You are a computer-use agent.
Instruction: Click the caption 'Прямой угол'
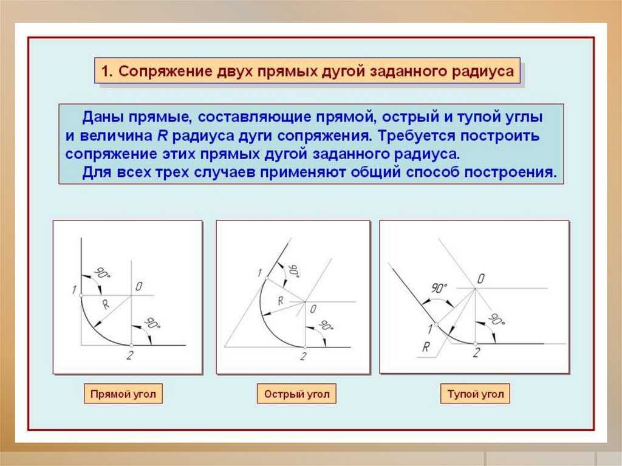123,394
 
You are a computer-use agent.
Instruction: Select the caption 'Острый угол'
296,394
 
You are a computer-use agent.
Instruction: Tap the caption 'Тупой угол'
475,394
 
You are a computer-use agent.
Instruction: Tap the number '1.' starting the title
107,72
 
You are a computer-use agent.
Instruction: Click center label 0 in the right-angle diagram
139,287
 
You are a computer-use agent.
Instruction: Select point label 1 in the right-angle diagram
73,290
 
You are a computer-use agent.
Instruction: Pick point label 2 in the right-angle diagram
130,355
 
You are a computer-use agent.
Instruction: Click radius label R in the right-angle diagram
106,304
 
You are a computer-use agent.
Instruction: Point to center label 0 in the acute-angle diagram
313,309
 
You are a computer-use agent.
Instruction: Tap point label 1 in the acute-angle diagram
260,273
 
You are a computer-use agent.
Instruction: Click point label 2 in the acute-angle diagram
304,357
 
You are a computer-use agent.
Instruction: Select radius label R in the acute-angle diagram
281,301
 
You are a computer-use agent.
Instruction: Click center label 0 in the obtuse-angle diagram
481,279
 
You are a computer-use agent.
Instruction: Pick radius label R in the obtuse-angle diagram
426,348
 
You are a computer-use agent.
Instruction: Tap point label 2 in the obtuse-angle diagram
476,352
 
